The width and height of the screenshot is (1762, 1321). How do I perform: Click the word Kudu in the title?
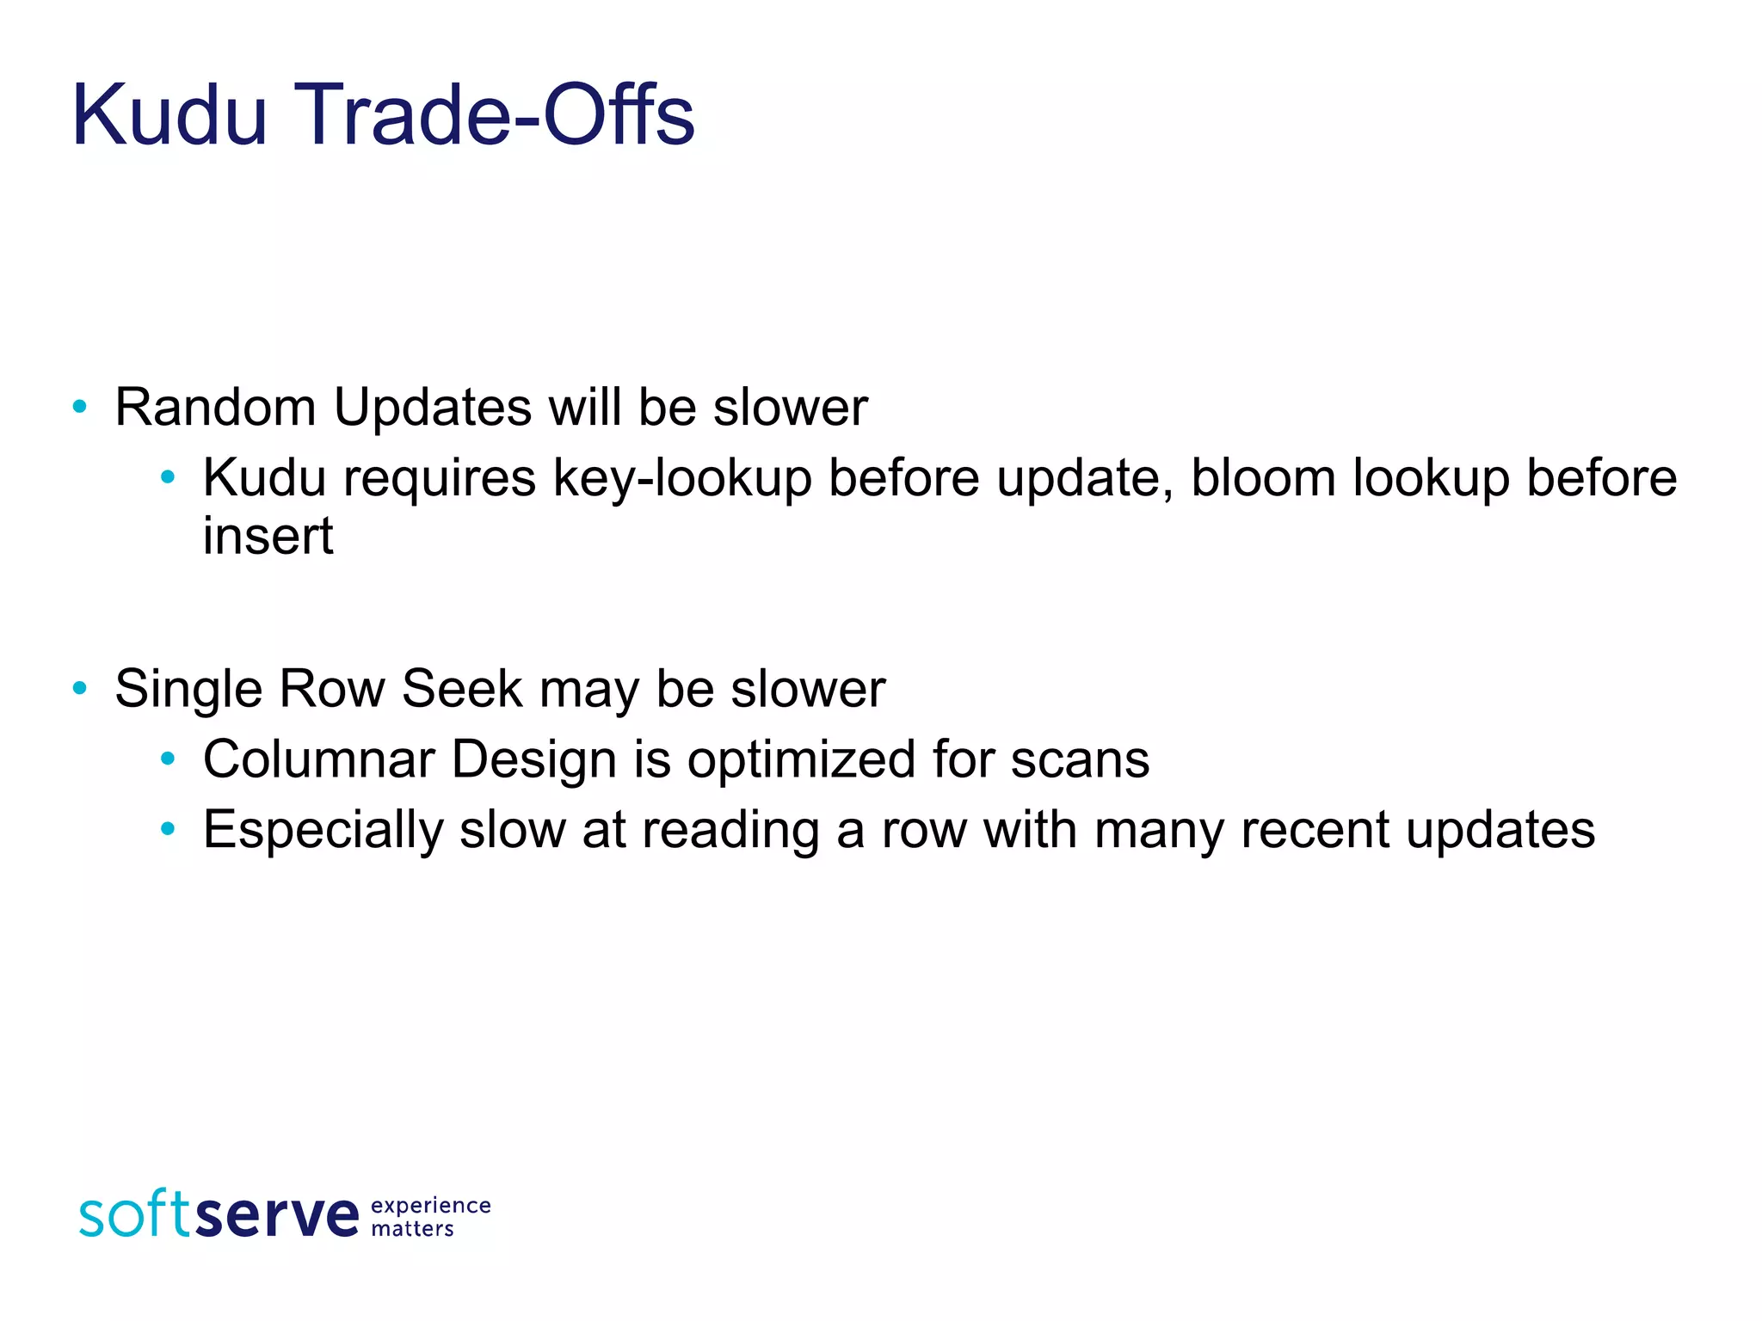[x=169, y=115]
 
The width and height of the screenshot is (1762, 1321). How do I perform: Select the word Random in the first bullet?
[x=215, y=407]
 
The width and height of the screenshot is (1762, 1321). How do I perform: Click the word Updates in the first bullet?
[x=433, y=407]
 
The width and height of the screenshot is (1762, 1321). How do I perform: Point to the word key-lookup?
[x=682, y=478]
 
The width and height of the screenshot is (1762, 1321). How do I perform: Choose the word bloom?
[x=1262, y=478]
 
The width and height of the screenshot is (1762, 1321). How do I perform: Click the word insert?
[x=268, y=537]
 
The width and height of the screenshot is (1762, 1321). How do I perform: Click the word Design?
[x=534, y=760]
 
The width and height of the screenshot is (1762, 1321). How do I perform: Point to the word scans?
[x=1080, y=760]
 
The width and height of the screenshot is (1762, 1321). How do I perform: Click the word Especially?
[x=323, y=831]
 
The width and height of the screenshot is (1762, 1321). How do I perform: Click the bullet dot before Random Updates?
[x=80, y=407]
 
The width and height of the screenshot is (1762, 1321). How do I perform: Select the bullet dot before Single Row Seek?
[x=80, y=688]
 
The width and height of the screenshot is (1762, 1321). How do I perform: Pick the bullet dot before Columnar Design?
[x=168, y=759]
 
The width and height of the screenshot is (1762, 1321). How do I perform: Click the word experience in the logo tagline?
[x=431, y=1207]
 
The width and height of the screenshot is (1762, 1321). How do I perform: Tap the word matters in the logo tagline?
[x=412, y=1229]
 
